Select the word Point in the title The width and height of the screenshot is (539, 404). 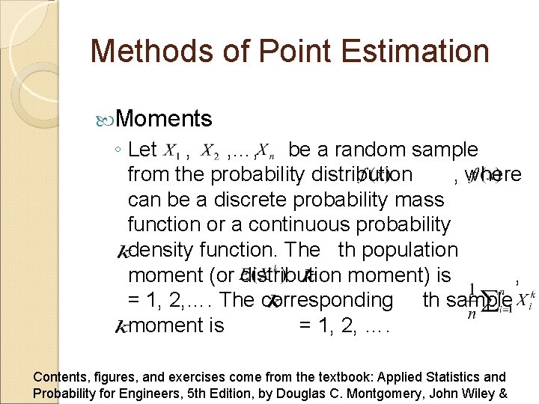pos(246,52)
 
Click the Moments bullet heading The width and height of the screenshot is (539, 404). pos(164,119)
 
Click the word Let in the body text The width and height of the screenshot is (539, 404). pos(142,150)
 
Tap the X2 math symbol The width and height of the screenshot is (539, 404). pos(212,152)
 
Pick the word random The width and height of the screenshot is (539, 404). pos(367,150)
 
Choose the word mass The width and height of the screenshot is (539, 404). pos(419,200)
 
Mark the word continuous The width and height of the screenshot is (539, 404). pos(297,224)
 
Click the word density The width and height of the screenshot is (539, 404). pos(167,250)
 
